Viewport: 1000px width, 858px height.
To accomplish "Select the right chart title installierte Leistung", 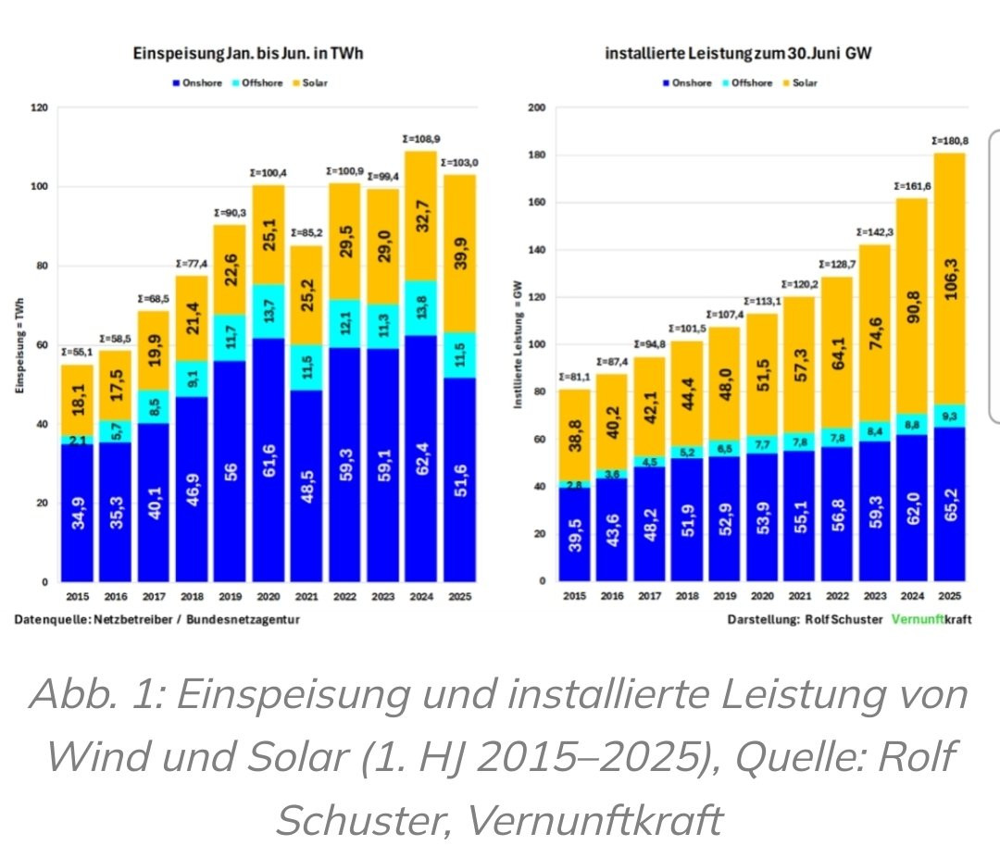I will (x=739, y=54).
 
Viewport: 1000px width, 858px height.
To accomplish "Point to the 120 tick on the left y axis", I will (x=39, y=108).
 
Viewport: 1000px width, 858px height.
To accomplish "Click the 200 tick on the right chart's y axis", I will (x=536, y=108).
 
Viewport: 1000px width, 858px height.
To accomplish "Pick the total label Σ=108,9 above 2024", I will (x=421, y=139).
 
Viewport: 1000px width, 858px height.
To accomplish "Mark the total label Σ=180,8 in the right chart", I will (x=949, y=141).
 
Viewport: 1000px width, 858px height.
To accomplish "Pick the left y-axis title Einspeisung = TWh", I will (x=19, y=344).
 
